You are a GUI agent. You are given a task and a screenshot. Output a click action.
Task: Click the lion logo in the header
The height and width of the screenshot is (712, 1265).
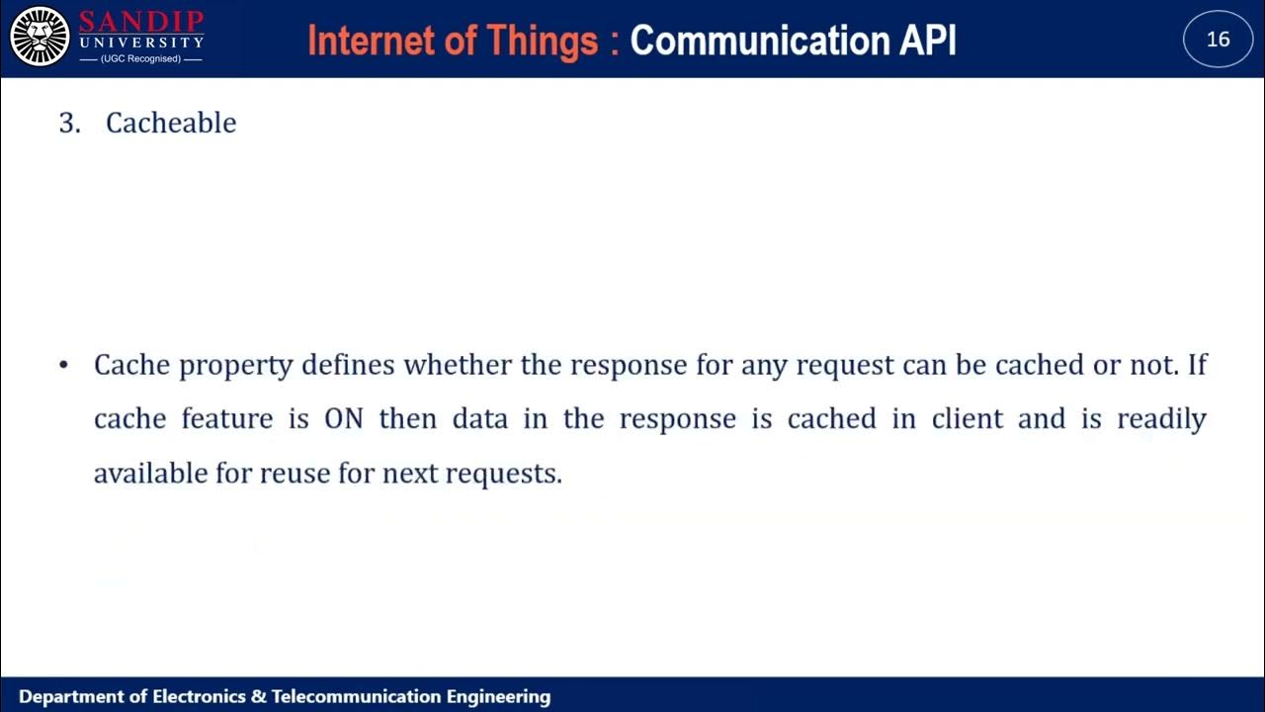40,37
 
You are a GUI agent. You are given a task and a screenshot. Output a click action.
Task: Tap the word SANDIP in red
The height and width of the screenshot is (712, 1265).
141,21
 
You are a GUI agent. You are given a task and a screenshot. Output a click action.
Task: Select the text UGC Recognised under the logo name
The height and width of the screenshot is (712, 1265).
140,59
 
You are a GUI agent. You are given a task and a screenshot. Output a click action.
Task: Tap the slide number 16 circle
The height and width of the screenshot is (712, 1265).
1218,39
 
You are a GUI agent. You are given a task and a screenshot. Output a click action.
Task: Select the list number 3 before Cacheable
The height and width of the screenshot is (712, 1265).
69,123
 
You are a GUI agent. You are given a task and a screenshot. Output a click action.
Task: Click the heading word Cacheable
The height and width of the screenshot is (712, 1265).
171,123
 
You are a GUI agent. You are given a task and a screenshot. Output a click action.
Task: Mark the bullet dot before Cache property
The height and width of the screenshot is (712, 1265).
64,366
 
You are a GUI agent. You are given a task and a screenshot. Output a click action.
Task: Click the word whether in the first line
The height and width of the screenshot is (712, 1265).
458,365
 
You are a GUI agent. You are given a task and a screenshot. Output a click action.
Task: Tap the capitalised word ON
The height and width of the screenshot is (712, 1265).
344,418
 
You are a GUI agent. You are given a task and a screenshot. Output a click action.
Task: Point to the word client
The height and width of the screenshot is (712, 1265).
968,418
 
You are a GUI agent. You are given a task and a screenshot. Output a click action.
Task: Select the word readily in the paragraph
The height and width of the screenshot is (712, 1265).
1161,419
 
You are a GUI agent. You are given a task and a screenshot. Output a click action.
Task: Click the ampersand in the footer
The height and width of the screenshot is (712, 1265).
258,697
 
